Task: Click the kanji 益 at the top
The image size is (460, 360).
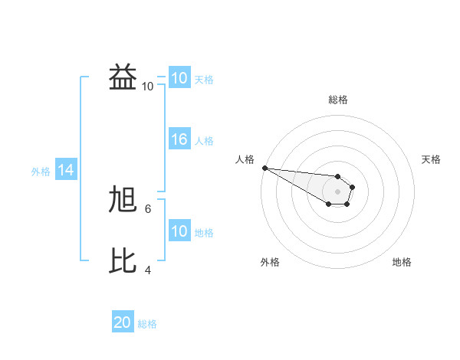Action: [x=123, y=78]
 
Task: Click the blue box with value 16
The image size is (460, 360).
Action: [x=179, y=139]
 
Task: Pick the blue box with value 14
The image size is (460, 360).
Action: [x=66, y=171]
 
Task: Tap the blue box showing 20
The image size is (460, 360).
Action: [x=123, y=322]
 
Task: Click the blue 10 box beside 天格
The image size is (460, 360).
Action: [x=179, y=78]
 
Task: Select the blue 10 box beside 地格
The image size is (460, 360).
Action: [x=179, y=231]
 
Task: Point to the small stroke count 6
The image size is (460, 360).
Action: [x=148, y=208]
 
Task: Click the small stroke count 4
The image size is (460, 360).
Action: [x=148, y=270]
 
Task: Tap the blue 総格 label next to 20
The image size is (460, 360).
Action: [x=147, y=324]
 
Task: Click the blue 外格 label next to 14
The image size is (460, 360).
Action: [x=41, y=172]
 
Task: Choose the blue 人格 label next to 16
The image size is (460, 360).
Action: [x=204, y=141]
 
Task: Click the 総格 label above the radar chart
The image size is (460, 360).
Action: [x=338, y=100]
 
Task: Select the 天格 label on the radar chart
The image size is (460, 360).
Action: [x=431, y=159]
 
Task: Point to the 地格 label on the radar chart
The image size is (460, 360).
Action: [x=402, y=262]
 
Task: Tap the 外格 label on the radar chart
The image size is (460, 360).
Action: [x=270, y=262]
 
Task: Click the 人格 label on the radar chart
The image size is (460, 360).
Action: [x=245, y=159]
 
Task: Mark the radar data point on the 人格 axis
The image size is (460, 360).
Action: [x=264, y=168]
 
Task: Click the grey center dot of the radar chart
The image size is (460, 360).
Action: [x=338, y=191]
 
